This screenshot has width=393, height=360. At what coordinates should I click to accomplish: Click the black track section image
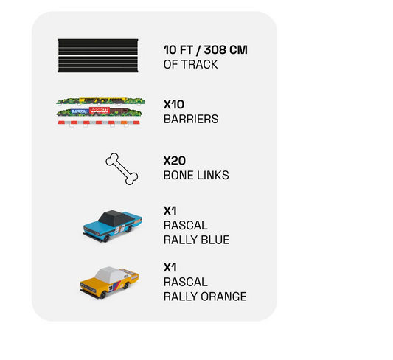pos(98,55)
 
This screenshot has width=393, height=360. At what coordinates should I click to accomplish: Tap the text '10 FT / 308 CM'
pos(205,49)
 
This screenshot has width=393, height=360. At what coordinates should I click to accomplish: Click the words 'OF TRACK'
pos(190,64)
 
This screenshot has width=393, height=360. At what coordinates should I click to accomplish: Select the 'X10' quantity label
pos(174,104)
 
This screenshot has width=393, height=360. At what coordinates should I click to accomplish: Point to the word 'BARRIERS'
pos(191,119)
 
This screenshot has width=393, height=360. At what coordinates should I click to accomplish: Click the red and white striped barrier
pos(99,123)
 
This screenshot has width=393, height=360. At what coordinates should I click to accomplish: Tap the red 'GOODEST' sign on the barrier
pos(100,111)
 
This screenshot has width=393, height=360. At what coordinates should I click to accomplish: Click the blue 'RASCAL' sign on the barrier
pos(79,111)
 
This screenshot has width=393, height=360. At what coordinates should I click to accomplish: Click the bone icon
pos(122,169)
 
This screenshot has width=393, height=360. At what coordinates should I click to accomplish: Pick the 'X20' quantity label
pos(175,161)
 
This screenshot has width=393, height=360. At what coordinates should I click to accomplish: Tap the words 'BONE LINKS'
pos(196,175)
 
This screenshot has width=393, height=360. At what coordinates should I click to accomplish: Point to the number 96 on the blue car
pos(119,229)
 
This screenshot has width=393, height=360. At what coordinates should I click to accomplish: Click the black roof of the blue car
pos(115,216)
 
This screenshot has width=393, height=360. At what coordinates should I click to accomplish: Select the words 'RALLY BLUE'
pos(196,240)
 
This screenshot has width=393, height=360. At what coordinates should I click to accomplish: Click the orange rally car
pos(109,283)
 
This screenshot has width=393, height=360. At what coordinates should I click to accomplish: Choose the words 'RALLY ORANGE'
pos(205,297)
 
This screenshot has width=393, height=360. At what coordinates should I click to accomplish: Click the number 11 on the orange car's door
pos(111,288)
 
